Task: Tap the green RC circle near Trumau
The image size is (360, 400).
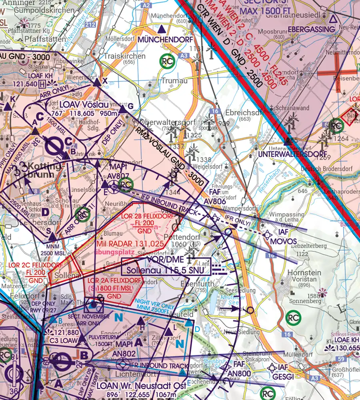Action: point(167,61)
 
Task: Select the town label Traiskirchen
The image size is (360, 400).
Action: point(124,56)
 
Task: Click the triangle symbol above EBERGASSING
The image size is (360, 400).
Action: point(333,18)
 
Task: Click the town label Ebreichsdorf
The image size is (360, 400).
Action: point(239,112)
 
